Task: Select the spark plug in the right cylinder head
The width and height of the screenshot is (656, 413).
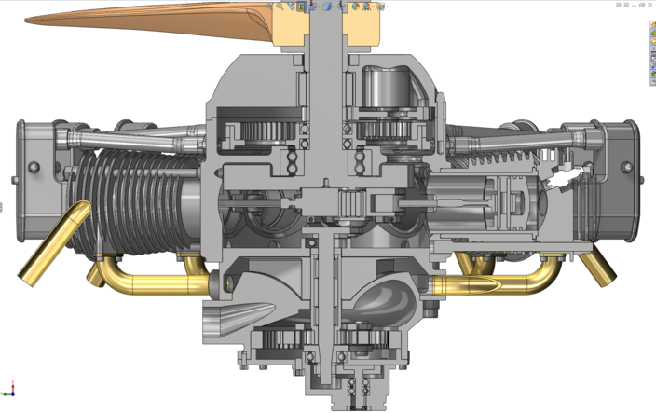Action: [x=566, y=177]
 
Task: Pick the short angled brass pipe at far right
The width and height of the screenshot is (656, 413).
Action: [x=596, y=267]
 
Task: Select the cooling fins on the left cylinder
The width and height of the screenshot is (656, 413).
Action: [x=121, y=200]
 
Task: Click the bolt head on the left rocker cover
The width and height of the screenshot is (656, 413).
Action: [x=34, y=167]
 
